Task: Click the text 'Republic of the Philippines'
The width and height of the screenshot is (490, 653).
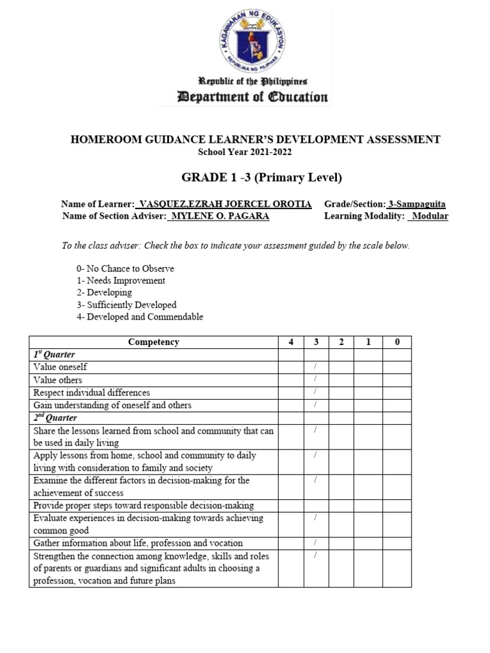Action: pyautogui.click(x=245, y=82)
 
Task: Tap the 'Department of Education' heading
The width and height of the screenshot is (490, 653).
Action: pyautogui.click(x=245, y=97)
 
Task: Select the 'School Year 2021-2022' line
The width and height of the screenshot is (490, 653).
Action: pyautogui.click(x=245, y=151)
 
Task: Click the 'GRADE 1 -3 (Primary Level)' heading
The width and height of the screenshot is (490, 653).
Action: pyautogui.click(x=245, y=177)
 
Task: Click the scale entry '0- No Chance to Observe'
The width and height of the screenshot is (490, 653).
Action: pyautogui.click(x=125, y=268)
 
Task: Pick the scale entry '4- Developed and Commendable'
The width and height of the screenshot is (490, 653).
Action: pyautogui.click(x=140, y=317)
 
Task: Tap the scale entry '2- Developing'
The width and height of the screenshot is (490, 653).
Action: pyautogui.click(x=104, y=293)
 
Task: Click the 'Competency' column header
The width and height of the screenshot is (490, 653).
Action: pyautogui.click(x=153, y=342)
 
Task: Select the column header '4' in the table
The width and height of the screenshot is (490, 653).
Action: pyautogui.click(x=291, y=342)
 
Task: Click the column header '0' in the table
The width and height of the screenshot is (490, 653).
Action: pyautogui.click(x=397, y=342)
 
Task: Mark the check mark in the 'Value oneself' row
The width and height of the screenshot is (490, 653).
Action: pyautogui.click(x=316, y=367)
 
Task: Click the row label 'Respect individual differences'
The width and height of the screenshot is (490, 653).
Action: pyautogui.click(x=92, y=392)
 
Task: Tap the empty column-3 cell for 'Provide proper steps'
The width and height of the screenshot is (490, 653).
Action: pyautogui.click(x=316, y=506)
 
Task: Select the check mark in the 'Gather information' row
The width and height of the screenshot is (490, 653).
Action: pyautogui.click(x=316, y=543)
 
